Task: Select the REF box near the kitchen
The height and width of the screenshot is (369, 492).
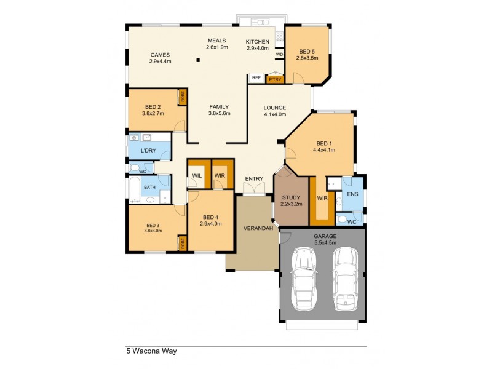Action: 256,78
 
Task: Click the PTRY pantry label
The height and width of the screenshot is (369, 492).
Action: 275,79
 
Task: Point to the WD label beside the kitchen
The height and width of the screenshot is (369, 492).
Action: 279,54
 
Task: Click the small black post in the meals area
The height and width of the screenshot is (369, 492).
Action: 198,60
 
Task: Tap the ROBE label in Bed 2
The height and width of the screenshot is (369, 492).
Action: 182,97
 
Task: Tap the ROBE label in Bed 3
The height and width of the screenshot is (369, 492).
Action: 182,244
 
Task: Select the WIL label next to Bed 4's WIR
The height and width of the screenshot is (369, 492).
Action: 197,176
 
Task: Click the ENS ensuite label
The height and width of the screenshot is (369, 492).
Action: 352,194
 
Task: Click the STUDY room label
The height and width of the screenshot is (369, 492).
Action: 291,197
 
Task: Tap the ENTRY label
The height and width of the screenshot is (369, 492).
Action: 254,179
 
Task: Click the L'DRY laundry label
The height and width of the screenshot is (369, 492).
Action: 148,151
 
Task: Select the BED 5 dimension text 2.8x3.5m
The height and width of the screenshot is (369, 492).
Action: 307,58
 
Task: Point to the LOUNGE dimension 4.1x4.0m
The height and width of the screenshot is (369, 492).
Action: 275,114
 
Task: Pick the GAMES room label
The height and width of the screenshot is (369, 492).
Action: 159,54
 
